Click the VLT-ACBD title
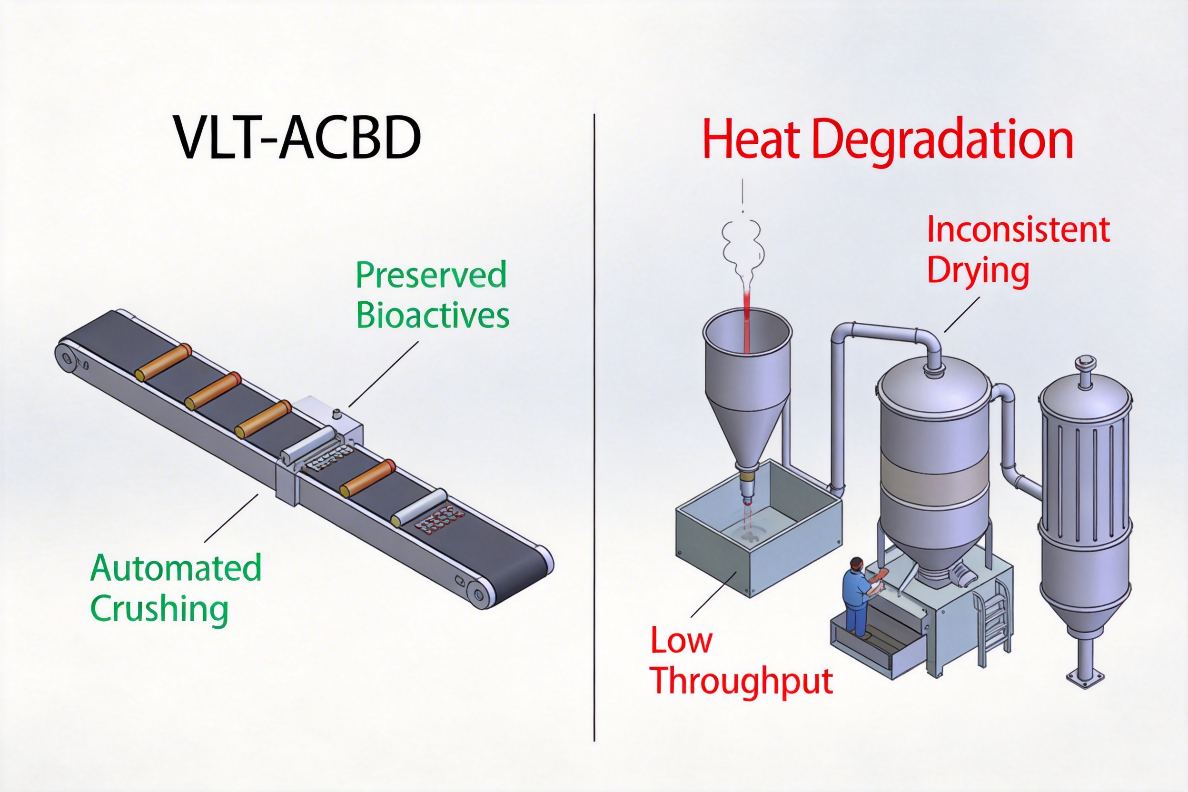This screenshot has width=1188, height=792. pos(297,138)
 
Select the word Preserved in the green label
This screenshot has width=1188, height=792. pos(431,275)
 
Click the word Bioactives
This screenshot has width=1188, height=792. pos(433,316)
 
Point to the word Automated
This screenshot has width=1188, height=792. pos(176,568)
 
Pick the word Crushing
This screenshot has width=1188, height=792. pos(159,610)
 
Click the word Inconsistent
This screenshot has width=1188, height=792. pos(1018,230)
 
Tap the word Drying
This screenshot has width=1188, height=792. pos(978,271)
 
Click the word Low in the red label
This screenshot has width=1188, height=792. pos(681,641)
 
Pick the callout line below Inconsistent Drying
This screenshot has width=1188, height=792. pos(962,314)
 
